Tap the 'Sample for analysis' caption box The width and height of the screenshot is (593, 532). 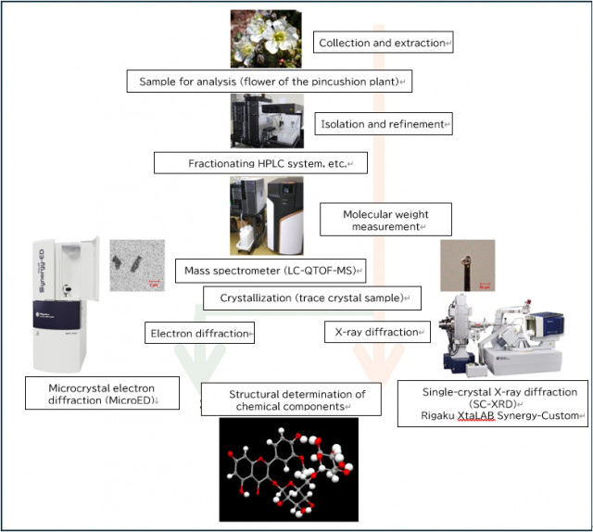point(270,82)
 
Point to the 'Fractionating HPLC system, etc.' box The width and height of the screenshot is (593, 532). point(260,164)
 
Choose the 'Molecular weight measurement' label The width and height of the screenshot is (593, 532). point(372,221)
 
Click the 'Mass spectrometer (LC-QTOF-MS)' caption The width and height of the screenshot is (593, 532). point(270,271)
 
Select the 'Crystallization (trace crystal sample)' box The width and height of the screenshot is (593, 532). point(311,298)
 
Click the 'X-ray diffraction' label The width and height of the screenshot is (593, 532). point(376,331)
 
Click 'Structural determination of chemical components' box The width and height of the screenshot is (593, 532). point(292,400)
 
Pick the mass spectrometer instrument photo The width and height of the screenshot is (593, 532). point(268,215)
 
